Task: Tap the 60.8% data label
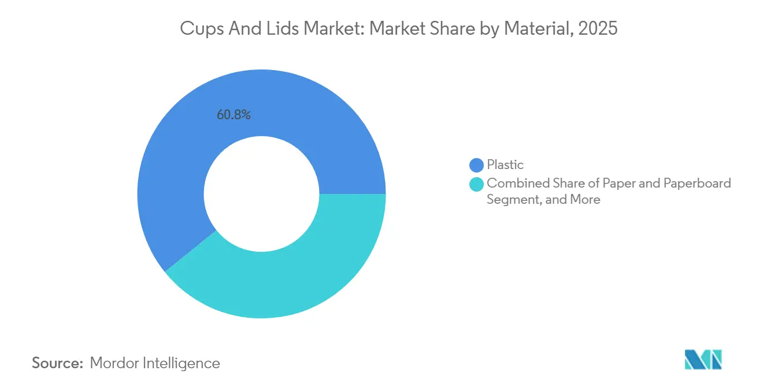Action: [234, 115]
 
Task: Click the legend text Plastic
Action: [505, 165]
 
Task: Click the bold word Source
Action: [58, 364]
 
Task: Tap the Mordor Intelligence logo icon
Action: [703, 360]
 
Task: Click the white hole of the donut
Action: [261, 194]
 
